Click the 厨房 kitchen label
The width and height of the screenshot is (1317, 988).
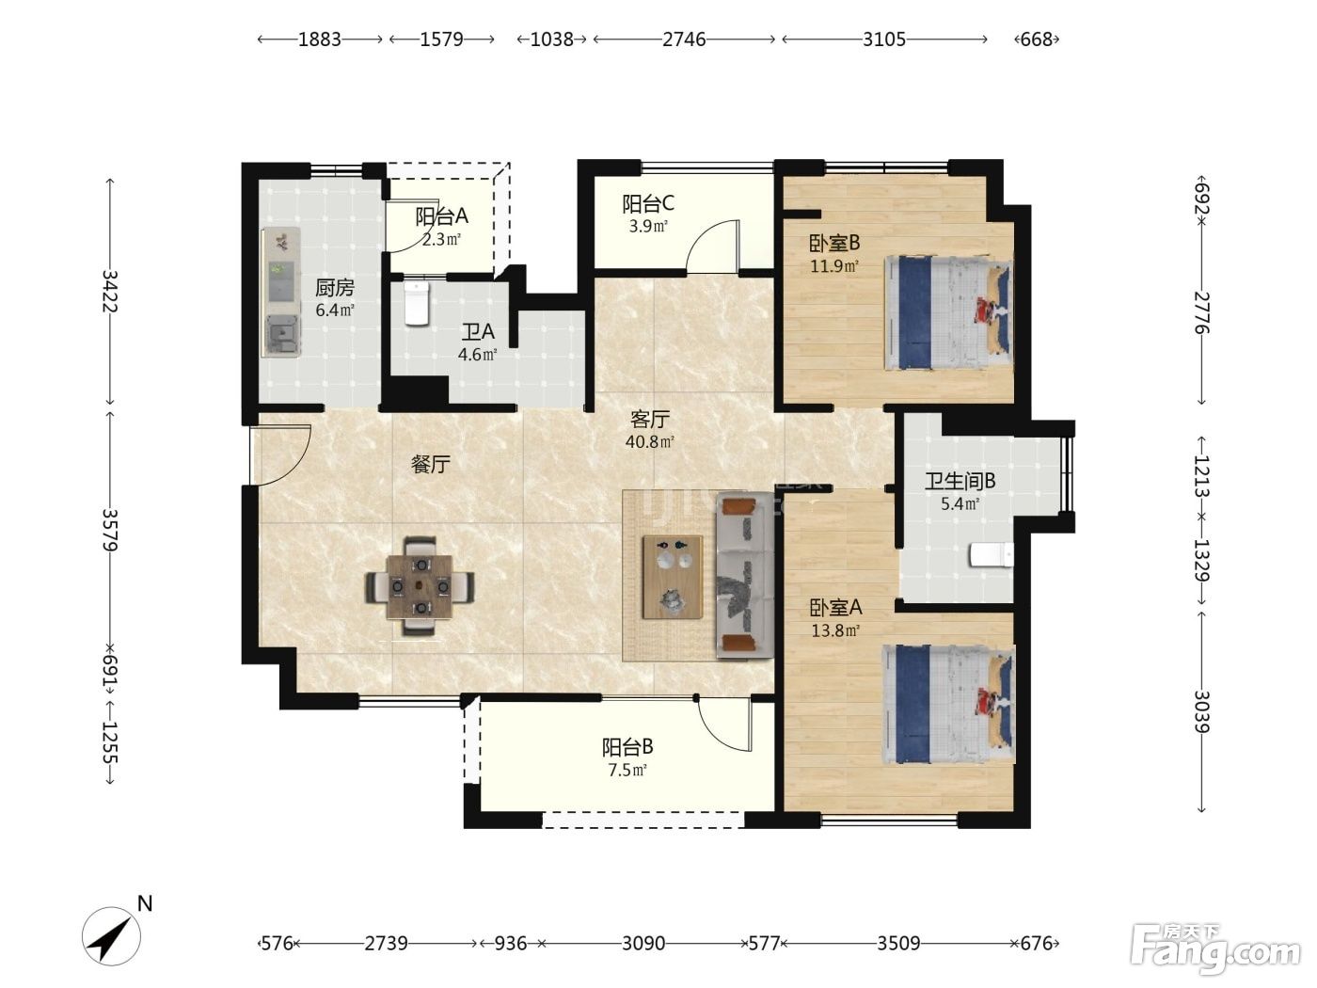(334, 288)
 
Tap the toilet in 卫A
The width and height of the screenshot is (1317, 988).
(416, 304)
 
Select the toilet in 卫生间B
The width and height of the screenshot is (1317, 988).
(991, 555)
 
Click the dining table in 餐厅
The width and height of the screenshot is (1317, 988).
(420, 586)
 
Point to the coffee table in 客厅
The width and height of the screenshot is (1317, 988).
(672, 577)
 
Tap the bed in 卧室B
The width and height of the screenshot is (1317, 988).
(948, 313)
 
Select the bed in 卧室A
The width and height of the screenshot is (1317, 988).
(948, 704)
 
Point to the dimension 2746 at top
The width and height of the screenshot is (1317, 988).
(684, 39)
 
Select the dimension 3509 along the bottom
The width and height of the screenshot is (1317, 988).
(898, 943)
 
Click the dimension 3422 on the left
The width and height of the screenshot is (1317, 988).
(110, 291)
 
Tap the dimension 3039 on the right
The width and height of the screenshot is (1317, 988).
(1201, 712)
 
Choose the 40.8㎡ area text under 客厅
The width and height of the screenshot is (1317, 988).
(650, 442)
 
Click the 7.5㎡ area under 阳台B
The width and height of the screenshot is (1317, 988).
(627, 771)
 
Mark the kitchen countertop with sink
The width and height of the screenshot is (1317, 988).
(280, 292)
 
